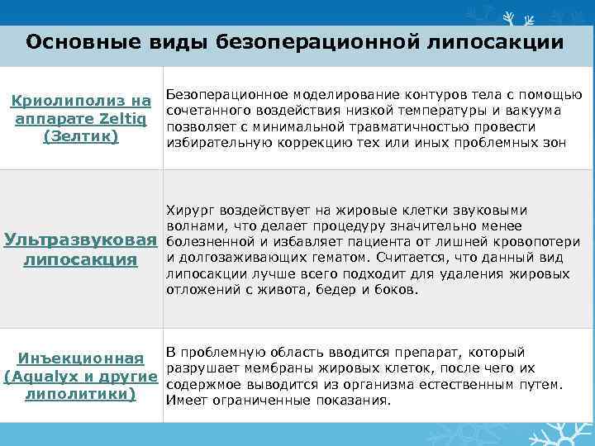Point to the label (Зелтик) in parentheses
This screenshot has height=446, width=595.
point(80,135)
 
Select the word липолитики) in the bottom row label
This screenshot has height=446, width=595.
point(80,393)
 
